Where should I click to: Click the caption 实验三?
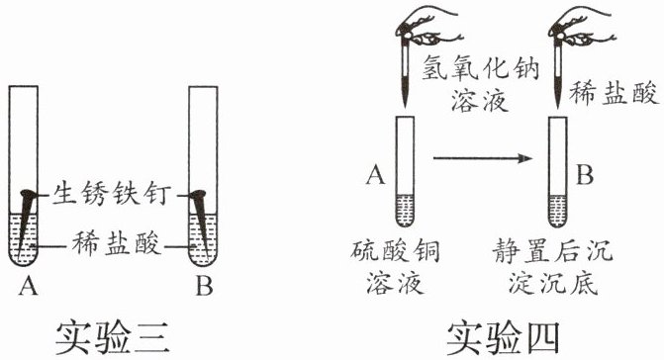pyautogui.click(x=112, y=337)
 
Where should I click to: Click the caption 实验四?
pyautogui.click(x=504, y=337)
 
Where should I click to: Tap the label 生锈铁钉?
pyautogui.click(x=112, y=194)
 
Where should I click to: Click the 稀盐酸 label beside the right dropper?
pyautogui.click(x=614, y=93)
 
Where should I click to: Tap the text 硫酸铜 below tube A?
pyautogui.click(x=395, y=250)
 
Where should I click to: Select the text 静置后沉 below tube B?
pyautogui.click(x=552, y=250)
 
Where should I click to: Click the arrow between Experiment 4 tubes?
pyautogui.click(x=482, y=158)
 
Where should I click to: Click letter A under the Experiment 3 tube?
pyautogui.click(x=29, y=286)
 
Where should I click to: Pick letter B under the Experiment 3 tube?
pyautogui.click(x=204, y=286)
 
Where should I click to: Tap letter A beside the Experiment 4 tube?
pyautogui.click(x=376, y=174)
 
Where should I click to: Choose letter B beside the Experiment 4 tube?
pyautogui.click(x=585, y=174)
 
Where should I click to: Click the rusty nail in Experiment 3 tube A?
pyautogui.click(x=26, y=220)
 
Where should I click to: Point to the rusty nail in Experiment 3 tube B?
pyautogui.click(x=200, y=220)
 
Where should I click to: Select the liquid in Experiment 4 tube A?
pyautogui.click(x=405, y=210)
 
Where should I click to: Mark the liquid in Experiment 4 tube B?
pyautogui.click(x=557, y=211)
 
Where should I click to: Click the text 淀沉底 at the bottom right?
pyautogui.click(x=553, y=283)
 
